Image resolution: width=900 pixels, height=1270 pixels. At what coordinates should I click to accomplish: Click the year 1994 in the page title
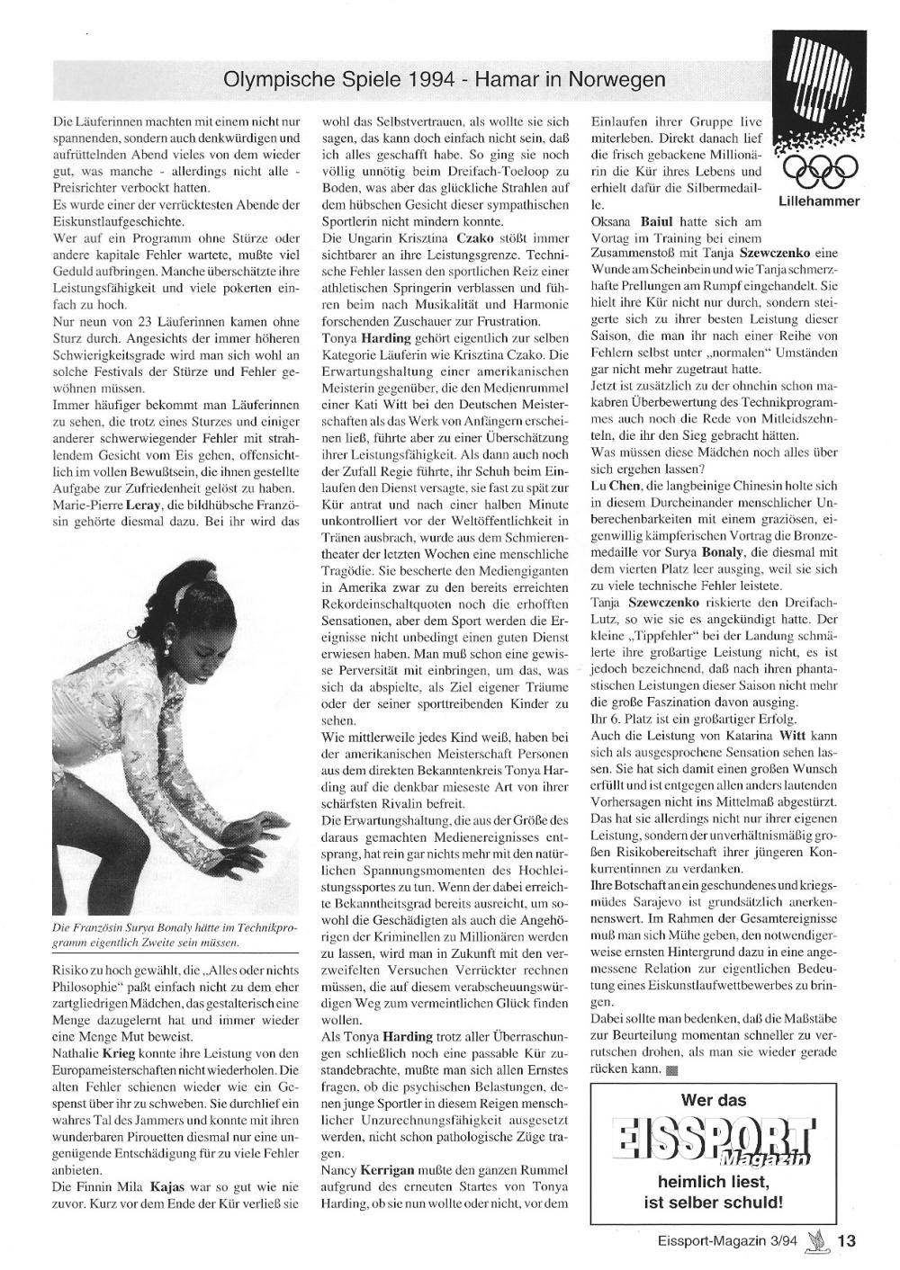(431, 80)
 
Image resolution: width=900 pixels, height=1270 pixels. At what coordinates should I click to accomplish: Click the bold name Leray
(145, 506)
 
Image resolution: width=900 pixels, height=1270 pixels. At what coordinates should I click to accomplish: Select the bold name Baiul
(661, 221)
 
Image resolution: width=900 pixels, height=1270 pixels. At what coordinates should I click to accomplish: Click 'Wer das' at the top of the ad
(714, 1099)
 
